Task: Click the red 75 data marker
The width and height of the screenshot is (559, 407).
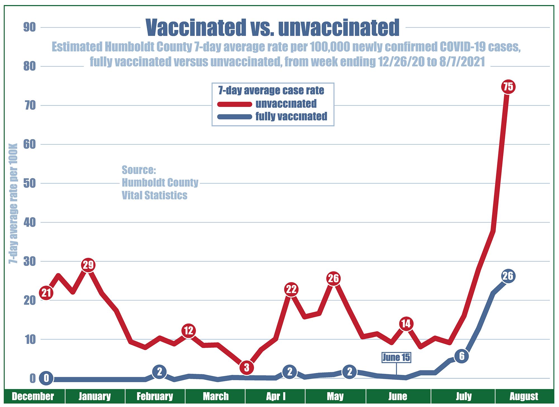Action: (x=508, y=87)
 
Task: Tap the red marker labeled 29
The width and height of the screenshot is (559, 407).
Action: (x=88, y=265)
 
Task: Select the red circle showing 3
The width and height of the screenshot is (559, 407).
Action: (x=247, y=367)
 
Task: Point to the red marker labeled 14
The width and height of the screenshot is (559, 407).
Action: (x=406, y=324)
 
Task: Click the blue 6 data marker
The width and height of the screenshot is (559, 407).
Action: (x=461, y=356)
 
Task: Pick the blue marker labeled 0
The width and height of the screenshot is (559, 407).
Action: (x=46, y=378)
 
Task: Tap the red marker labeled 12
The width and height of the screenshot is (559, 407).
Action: (x=189, y=331)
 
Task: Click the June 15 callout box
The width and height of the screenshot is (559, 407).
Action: (x=396, y=357)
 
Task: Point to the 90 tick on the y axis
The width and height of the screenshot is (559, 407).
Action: (x=30, y=27)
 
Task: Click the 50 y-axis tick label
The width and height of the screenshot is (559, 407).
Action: (x=30, y=184)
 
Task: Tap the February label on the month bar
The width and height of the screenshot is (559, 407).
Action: (x=155, y=396)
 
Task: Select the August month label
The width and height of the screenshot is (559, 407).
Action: (x=524, y=396)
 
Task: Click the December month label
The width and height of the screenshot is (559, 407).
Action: (x=33, y=396)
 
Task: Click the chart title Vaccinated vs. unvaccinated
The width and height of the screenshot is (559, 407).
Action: (x=273, y=27)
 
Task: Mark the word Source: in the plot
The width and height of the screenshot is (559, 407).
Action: (x=139, y=170)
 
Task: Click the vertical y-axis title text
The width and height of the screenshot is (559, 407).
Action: (x=13, y=203)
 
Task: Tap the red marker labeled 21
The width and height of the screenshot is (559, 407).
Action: (x=46, y=293)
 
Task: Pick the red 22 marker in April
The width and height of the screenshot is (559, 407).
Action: (x=291, y=289)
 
